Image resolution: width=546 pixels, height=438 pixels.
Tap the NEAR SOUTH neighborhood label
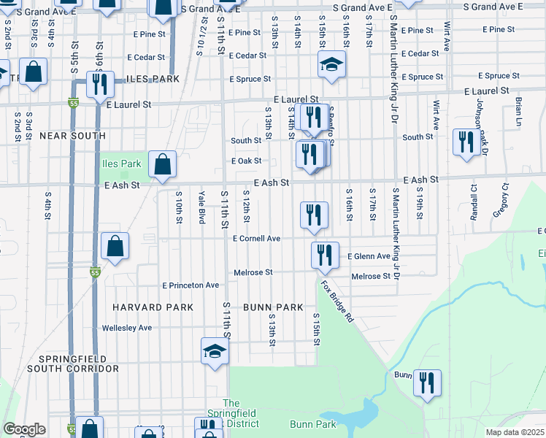[72, 136]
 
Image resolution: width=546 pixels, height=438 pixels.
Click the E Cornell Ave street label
[256, 239]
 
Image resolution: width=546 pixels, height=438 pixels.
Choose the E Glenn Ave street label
[369, 256]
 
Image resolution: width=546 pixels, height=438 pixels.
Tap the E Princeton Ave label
[191, 285]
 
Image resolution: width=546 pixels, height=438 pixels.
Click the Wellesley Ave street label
[127, 328]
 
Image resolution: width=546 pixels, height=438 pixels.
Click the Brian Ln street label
[519, 109]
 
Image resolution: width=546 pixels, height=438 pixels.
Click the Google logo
[24, 429]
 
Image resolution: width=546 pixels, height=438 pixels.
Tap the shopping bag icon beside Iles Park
[162, 164]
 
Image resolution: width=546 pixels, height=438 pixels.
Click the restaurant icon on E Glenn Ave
[325, 255]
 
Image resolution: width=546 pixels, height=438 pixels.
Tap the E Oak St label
[246, 161]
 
